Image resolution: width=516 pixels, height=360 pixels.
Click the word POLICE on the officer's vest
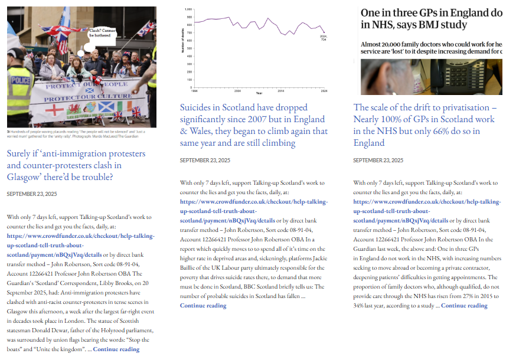19,80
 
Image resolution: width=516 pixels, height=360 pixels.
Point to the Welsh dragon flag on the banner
76,109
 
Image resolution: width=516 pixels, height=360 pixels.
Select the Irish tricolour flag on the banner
123,107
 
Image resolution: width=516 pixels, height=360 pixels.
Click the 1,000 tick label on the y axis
188,10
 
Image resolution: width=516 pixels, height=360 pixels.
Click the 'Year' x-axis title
259,93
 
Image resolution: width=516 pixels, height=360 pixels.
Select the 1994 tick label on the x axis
194,91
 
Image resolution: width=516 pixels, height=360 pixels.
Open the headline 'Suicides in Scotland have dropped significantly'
253,125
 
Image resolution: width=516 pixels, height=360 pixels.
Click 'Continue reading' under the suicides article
203,305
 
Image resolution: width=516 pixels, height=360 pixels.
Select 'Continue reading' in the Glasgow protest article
116,349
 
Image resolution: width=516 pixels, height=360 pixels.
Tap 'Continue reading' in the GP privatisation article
464,305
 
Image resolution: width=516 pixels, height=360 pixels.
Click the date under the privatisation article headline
378,161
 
